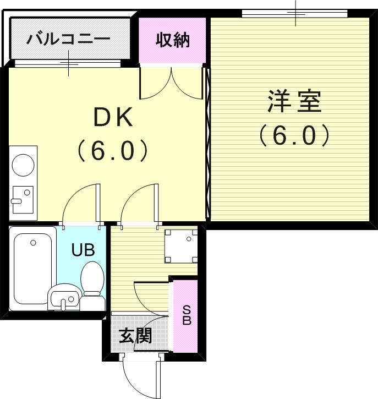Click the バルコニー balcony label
point(68,40)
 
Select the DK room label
point(112,117)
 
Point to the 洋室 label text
point(294,102)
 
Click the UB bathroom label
point(83,249)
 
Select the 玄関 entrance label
point(135,335)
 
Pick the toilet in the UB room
point(92,278)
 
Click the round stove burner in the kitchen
point(23,164)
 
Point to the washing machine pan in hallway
point(181,246)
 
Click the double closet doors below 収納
point(172,84)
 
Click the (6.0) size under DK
point(112,149)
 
